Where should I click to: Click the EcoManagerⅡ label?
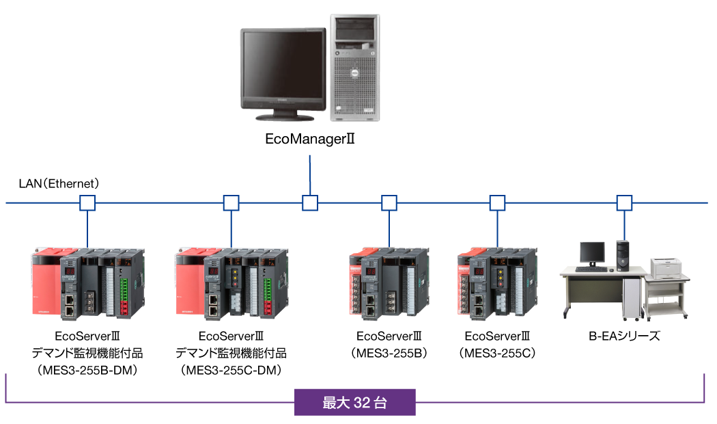pyautogui.click(x=311, y=140)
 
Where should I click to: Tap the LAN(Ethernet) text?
pyautogui.click(x=59, y=184)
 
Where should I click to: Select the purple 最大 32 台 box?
pyautogui.click(x=354, y=402)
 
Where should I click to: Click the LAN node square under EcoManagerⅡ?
pyautogui.click(x=311, y=203)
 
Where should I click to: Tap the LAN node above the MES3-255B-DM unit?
pyautogui.click(x=87, y=203)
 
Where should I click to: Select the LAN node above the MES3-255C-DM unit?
pyautogui.click(x=231, y=203)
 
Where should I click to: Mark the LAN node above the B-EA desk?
pyautogui.click(x=624, y=203)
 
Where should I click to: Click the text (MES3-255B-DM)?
pyautogui.click(x=88, y=370)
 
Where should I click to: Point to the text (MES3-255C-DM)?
pyautogui.click(x=231, y=370)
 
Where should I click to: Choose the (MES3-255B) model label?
pyautogui.click(x=389, y=354)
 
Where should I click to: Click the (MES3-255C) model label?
pyautogui.click(x=497, y=354)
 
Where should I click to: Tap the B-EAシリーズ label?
pyautogui.click(x=624, y=336)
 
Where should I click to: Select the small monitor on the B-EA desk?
pyautogui.click(x=591, y=253)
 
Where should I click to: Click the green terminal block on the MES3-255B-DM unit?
pyautogui.click(x=125, y=291)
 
